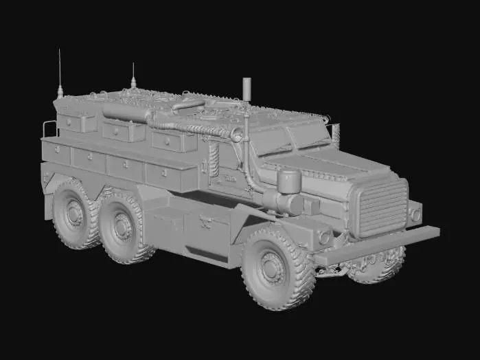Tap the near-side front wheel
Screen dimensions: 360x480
pos(273,267)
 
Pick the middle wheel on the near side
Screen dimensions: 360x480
pos(124,226)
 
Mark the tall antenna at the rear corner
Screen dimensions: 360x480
pos(60,72)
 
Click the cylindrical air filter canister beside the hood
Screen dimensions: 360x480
pos(288,182)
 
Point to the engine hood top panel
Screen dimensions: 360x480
pos(323,165)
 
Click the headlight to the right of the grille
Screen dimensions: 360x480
pos(415,214)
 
